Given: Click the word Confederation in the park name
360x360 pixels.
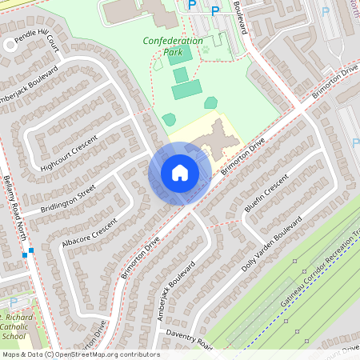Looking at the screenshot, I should [173, 40].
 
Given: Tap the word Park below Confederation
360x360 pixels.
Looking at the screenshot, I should [173, 52].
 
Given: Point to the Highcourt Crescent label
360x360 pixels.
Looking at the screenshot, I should [67, 154].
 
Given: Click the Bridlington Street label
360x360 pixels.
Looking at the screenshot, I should [68, 198].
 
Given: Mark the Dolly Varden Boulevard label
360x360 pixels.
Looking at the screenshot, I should [272, 243].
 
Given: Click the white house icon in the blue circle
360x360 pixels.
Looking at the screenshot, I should [180, 173].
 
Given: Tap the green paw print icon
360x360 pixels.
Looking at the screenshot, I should [206, 48].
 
